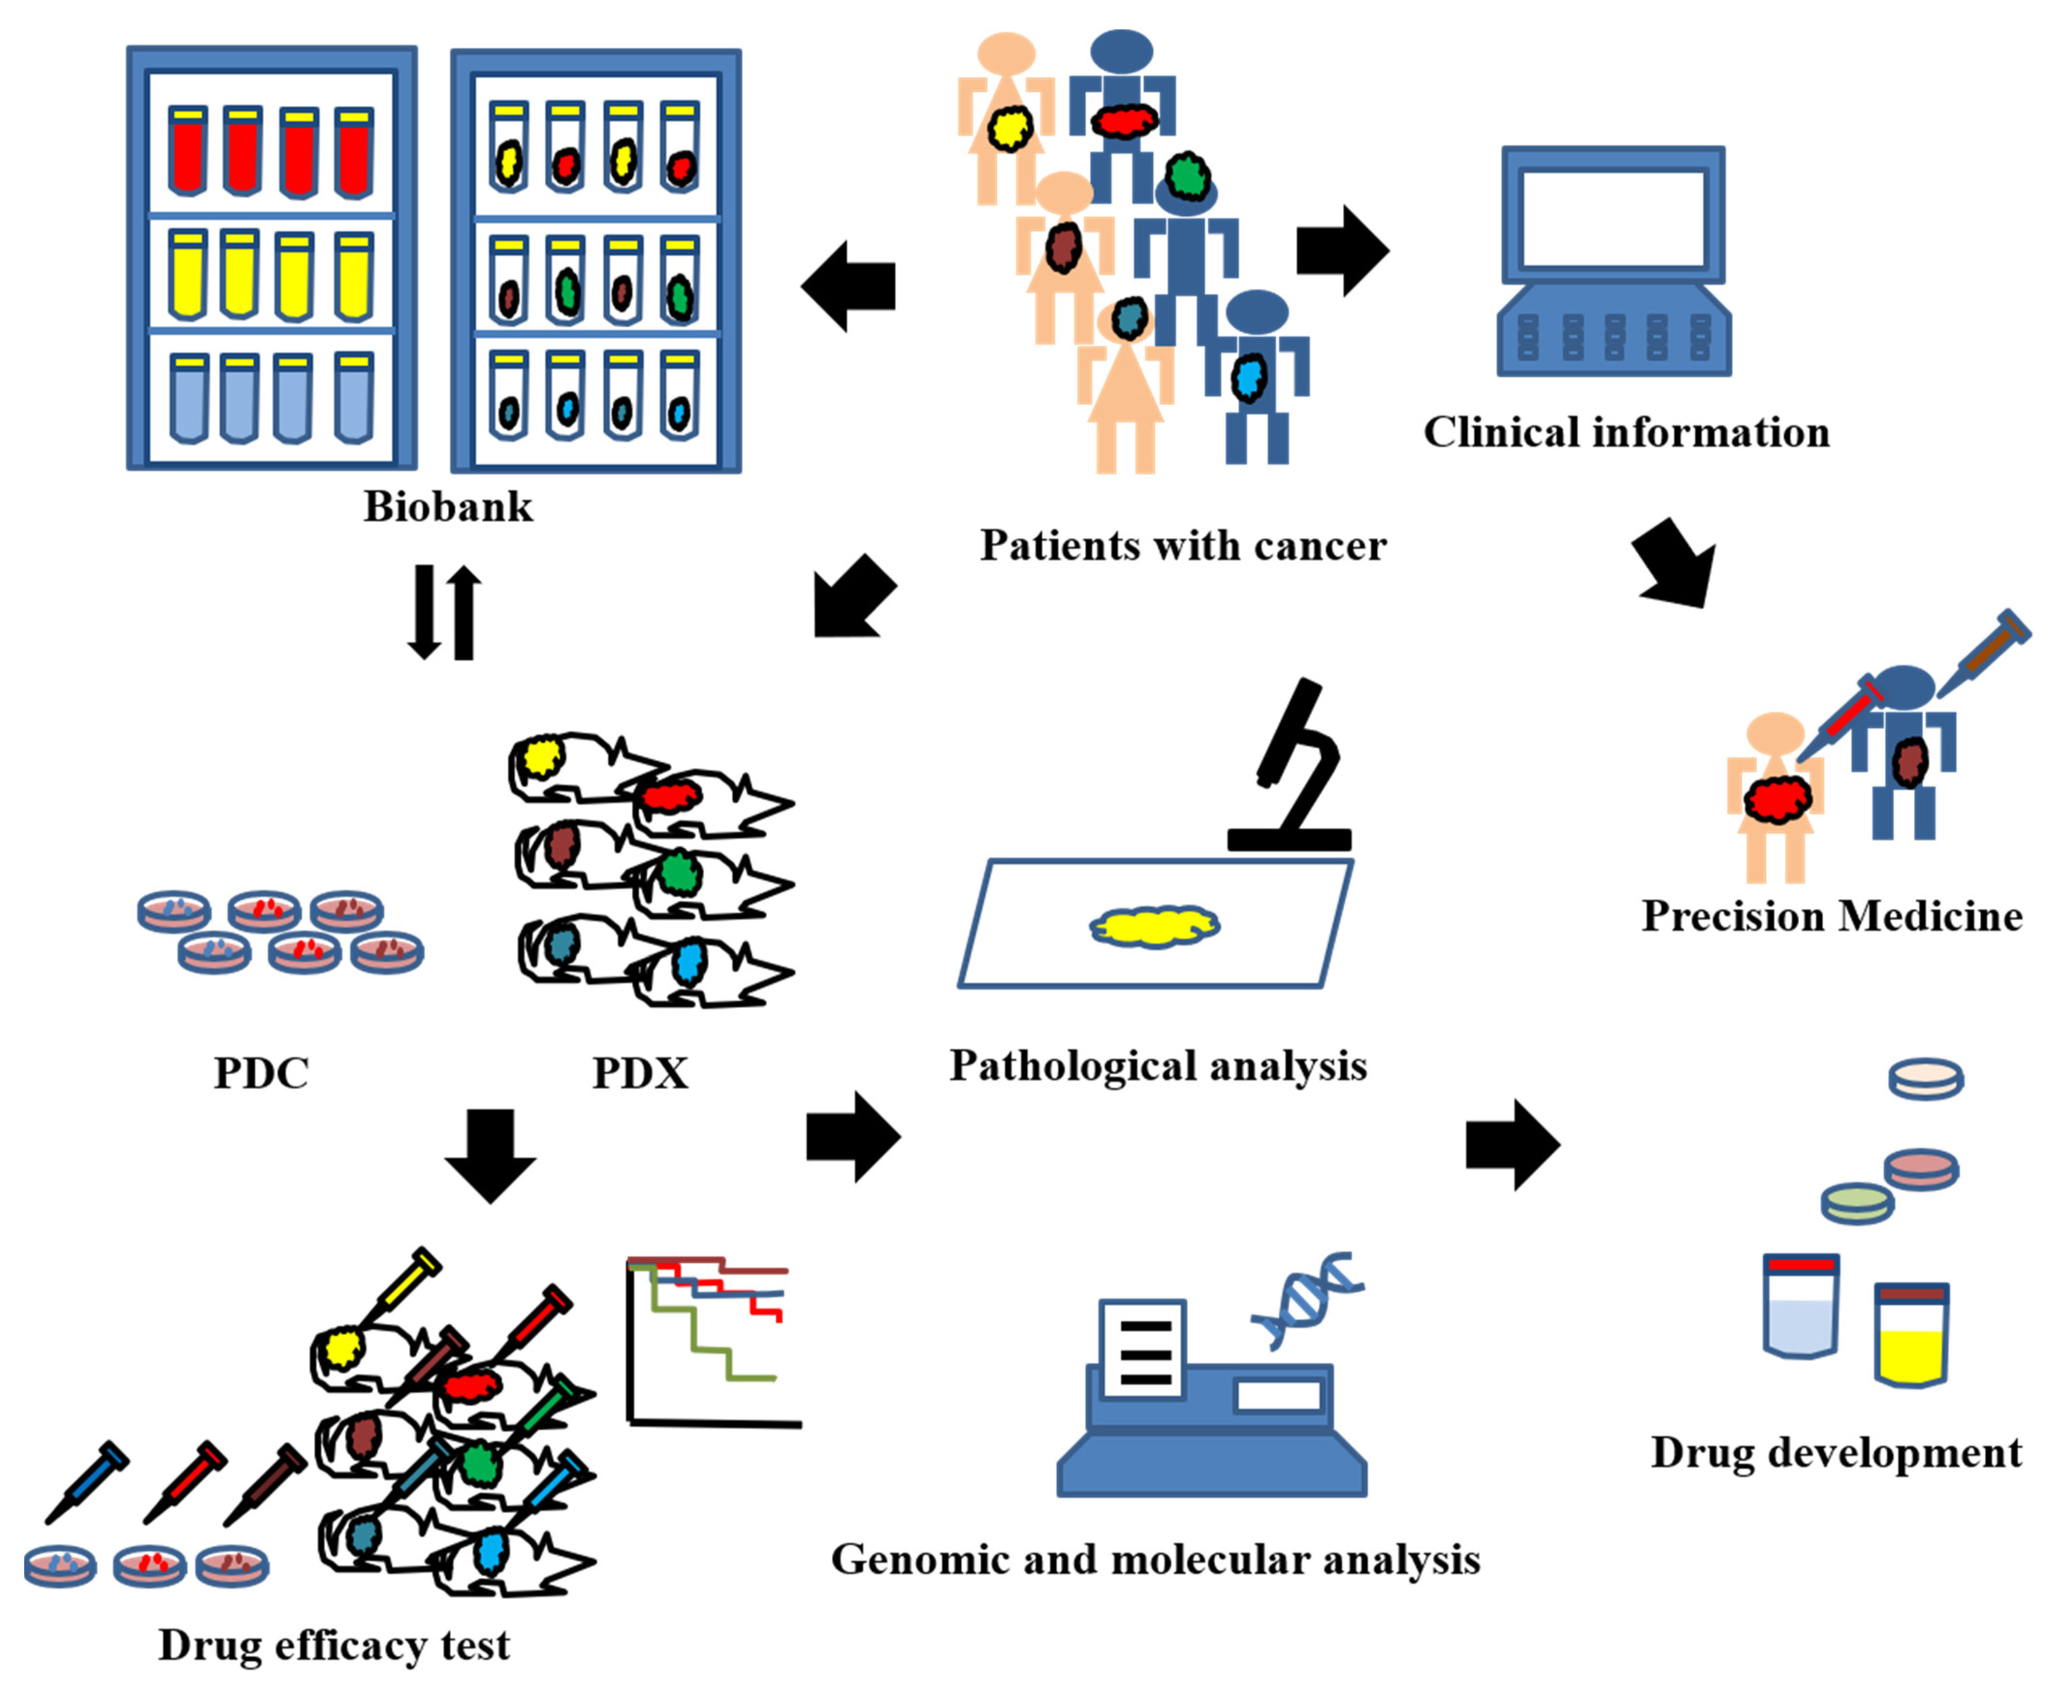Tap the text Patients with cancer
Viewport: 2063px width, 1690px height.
pyautogui.click(x=1183, y=545)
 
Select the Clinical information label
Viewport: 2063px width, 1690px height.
pyautogui.click(x=1626, y=432)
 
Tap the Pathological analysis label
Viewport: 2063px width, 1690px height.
pyautogui.click(x=1158, y=1065)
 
